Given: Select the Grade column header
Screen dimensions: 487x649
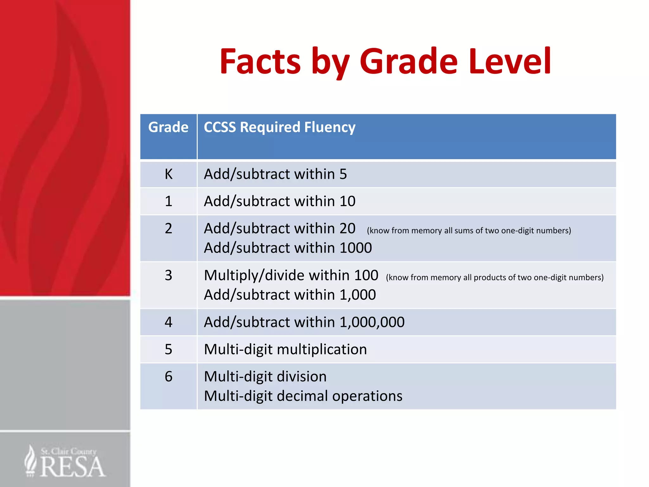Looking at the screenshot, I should (x=168, y=127).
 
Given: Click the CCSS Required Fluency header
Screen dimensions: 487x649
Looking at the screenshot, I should (x=280, y=127).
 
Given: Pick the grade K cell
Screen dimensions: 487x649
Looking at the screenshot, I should (x=169, y=174).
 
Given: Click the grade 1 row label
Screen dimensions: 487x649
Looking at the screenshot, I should (x=169, y=201).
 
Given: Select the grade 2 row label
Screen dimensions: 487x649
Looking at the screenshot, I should (x=169, y=229).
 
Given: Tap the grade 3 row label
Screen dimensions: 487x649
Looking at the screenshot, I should (x=169, y=275).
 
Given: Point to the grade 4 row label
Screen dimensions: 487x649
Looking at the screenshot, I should (x=169, y=322).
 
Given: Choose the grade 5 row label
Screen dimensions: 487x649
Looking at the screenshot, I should (x=169, y=349).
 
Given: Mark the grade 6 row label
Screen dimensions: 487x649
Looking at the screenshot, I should (x=169, y=377).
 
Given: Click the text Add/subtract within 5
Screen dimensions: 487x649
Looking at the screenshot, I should (x=275, y=174).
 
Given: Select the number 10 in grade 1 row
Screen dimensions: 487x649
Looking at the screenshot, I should (x=347, y=201).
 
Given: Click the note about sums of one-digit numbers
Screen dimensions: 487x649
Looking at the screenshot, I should (x=469, y=231).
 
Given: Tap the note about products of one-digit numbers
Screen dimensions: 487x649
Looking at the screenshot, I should (x=494, y=277).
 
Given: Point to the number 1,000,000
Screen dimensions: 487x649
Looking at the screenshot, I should (x=372, y=322).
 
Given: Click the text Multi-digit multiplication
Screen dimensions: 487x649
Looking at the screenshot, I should (x=285, y=349).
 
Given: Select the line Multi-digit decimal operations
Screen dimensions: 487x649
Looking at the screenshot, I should (x=303, y=396).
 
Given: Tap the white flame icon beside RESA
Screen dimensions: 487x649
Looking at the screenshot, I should (x=31, y=460).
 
